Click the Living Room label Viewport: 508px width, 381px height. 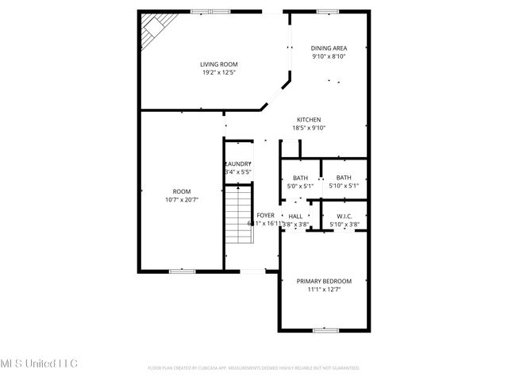218,64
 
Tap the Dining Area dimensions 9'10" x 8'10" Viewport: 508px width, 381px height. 328,56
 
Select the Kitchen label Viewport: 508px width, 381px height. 309,120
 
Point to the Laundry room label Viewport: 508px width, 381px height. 238,164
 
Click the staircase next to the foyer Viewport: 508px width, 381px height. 237,216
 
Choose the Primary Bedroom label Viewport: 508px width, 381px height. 324,281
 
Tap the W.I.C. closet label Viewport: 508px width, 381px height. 344,216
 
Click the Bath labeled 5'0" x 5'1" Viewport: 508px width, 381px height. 300,178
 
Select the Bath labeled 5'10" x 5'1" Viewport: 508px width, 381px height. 344,178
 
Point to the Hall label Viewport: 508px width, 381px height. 294,216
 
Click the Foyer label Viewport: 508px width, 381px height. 265,215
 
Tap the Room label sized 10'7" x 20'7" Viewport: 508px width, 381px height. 182,191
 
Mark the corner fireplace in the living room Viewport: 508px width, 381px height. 152,31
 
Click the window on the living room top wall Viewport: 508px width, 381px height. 210,11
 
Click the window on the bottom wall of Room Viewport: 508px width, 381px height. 182,271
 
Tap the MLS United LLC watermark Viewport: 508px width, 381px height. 39,363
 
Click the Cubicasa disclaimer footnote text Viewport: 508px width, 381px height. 254,368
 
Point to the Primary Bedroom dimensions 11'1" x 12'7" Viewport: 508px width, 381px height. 324,289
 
